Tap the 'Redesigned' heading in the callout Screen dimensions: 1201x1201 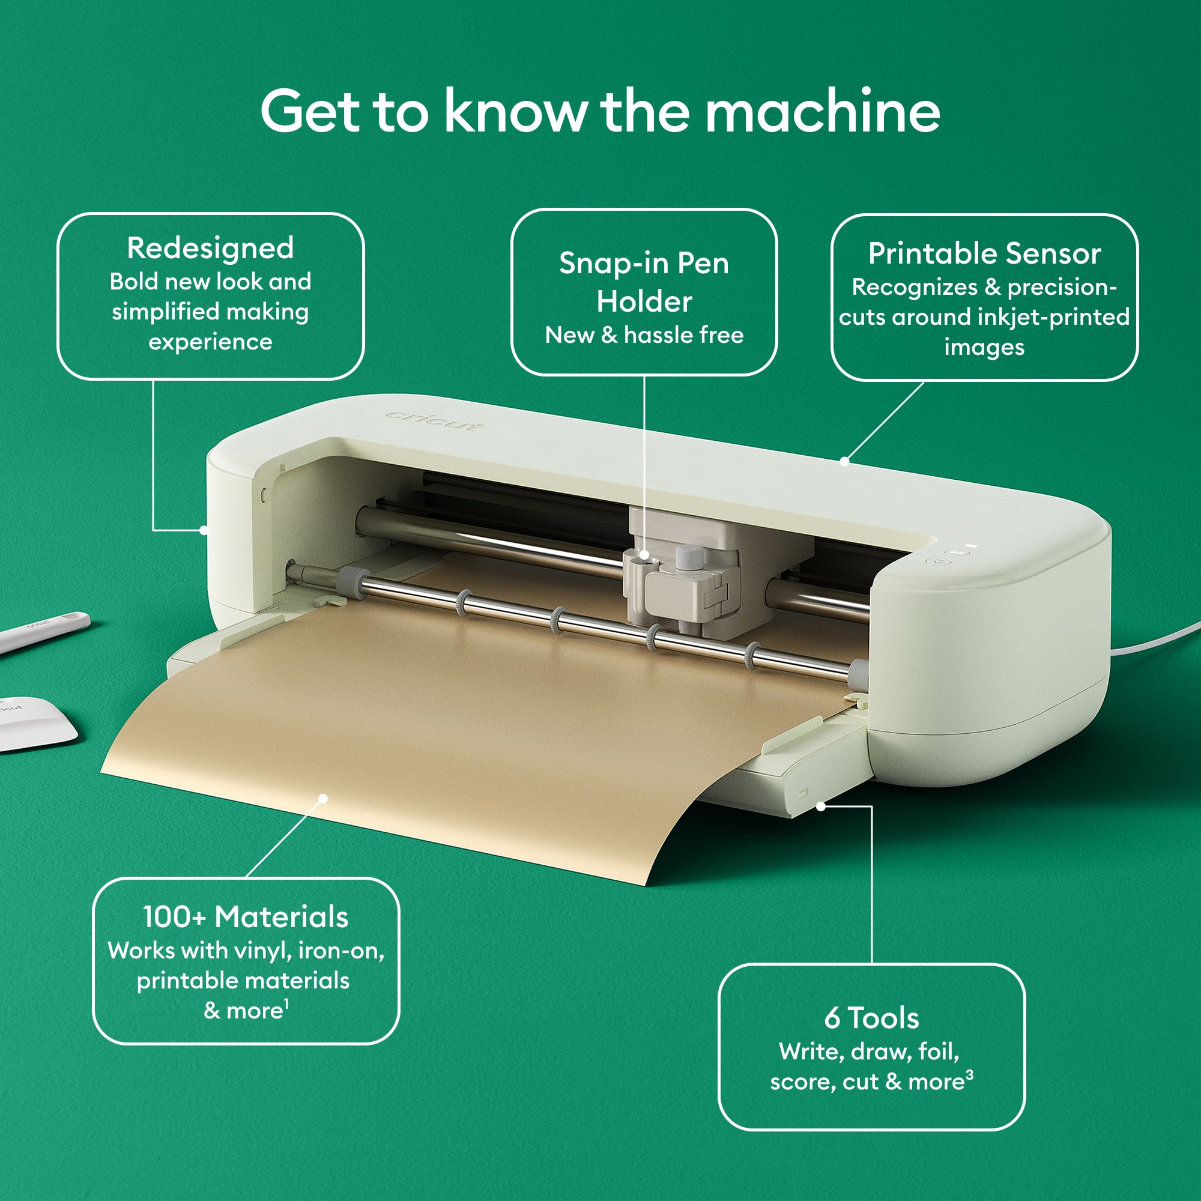pos(210,248)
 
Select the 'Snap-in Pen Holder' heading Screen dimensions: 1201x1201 pos(644,282)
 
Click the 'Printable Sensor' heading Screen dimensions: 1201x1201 pos(984,253)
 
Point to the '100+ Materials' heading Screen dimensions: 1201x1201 pos(246,917)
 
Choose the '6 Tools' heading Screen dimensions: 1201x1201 pos(871,1018)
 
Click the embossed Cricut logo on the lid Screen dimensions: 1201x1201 pos(434,422)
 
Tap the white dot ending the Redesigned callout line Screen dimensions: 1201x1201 pos(204,530)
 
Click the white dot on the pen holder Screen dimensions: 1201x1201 pos(644,554)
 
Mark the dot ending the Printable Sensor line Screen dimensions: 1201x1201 pos(844,461)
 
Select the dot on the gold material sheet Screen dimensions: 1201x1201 pos(323,798)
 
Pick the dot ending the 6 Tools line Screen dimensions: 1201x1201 pos(820,806)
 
